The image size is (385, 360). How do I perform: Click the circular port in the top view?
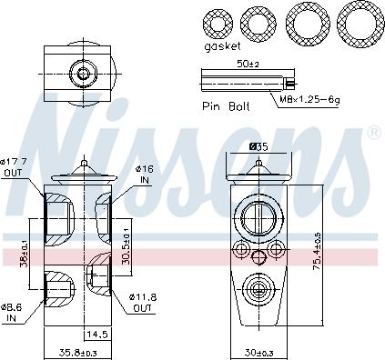coord(83,72)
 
